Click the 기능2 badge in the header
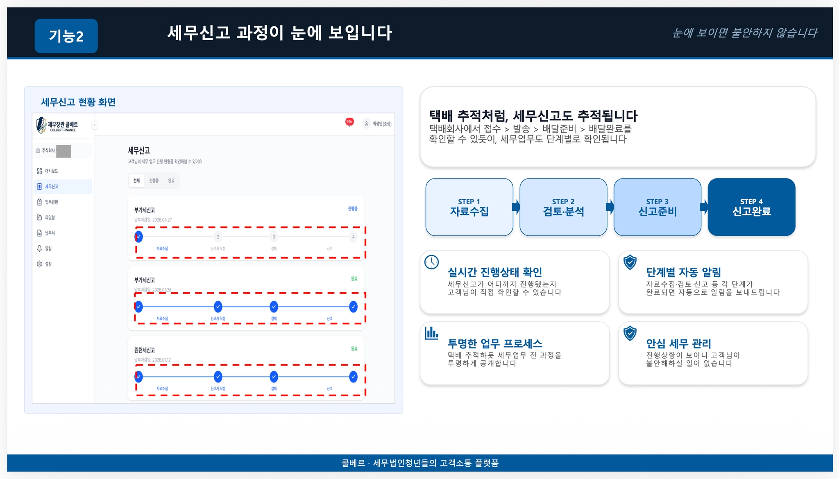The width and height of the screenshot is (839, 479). tap(66, 36)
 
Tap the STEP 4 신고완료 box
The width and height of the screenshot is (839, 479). tap(751, 207)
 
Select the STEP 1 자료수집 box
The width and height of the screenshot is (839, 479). tap(469, 207)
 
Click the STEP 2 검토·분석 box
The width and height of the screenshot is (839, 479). tap(563, 207)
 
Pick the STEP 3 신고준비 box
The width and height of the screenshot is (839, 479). tap(657, 207)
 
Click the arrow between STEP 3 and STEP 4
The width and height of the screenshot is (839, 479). tap(704, 207)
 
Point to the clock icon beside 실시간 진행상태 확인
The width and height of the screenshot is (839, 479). tap(431, 262)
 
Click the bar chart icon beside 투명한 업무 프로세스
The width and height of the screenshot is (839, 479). tap(431, 333)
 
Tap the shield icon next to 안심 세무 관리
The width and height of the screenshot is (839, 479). tap(630, 333)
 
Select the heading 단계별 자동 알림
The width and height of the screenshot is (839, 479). tap(683, 272)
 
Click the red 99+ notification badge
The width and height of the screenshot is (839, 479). tap(349, 122)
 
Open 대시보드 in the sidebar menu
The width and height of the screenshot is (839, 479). tap(51, 171)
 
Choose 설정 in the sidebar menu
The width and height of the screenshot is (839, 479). tap(48, 264)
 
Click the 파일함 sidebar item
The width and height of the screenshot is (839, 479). tap(50, 217)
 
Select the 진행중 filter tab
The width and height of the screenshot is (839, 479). tap(154, 181)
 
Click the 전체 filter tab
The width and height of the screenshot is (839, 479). tap(136, 181)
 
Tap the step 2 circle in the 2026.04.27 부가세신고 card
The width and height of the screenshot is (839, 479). tap(218, 237)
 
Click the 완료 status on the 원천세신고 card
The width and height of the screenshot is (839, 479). tap(354, 349)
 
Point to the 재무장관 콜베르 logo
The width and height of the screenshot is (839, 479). tap(57, 125)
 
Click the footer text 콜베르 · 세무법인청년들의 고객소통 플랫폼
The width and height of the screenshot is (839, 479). tap(420, 463)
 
